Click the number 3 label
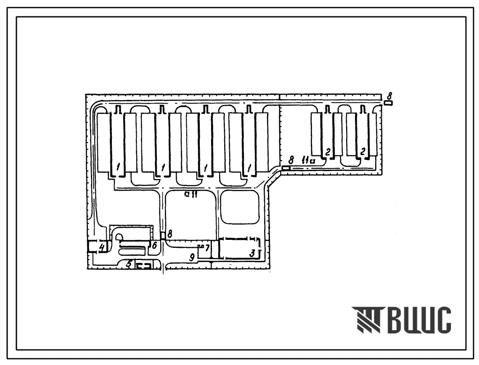[x=252, y=253]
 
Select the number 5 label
[x=129, y=264]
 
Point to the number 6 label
[x=154, y=245]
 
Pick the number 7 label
[x=207, y=248]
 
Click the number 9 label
[x=192, y=257]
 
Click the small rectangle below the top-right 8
[x=388, y=103]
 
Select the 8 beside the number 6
[x=169, y=234]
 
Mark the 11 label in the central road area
[x=194, y=194]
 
